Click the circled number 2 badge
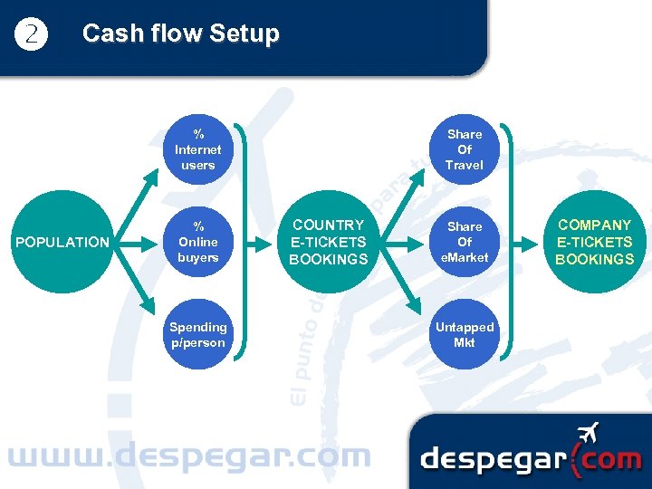pos(32,34)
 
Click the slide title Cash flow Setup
pos(180,34)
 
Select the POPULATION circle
pos(62,242)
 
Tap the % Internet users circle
pos(197,149)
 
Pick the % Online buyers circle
pos(197,242)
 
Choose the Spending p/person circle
pos(197,334)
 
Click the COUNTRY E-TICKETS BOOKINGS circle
pos(328,242)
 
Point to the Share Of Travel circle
pos(465,149)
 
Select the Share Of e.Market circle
pos(465,242)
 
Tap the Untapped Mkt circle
pos(465,334)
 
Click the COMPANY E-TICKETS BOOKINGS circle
pos(595,242)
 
